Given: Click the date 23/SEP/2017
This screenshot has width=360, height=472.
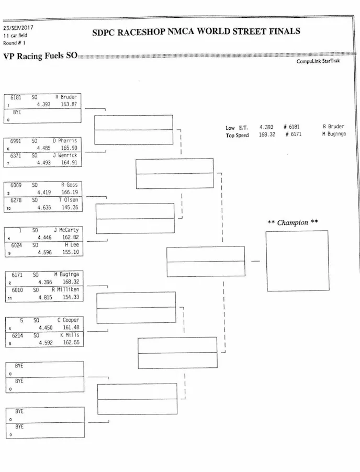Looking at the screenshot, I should click(x=18, y=28).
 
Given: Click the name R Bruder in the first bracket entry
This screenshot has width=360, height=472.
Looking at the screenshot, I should click(x=66, y=97).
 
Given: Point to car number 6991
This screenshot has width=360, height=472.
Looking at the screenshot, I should click(x=16, y=141).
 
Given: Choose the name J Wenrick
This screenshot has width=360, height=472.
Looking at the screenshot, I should click(x=67, y=155).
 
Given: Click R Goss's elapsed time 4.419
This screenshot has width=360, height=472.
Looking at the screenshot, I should click(x=43, y=193).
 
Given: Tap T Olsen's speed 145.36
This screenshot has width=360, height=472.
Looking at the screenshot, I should click(x=69, y=208).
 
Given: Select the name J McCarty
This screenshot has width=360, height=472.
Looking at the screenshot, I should click(x=66, y=230).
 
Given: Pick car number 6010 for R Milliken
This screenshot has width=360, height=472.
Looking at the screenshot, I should click(x=17, y=289).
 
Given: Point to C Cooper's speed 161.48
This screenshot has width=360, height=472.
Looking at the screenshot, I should click(x=69, y=328).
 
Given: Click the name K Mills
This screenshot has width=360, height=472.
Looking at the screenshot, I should click(x=69, y=335).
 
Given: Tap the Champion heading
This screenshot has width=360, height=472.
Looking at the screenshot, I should click(x=292, y=222).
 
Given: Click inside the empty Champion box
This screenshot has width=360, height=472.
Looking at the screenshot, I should click(x=297, y=261).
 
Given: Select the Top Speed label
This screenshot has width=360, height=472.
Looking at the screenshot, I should click(x=237, y=135).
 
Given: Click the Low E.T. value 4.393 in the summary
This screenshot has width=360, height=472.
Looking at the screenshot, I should click(x=266, y=127).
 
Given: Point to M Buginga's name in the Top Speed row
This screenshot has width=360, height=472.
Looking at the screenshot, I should click(x=333, y=134).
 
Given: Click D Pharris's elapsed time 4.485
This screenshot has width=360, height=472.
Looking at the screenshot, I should click(x=43, y=148).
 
